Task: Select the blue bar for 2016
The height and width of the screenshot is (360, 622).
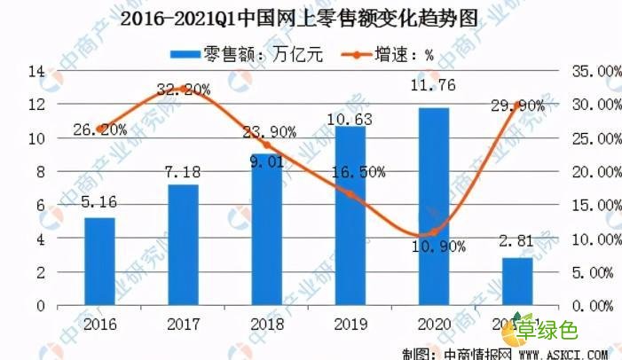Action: tap(100, 261)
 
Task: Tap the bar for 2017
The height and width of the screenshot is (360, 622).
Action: tap(184, 244)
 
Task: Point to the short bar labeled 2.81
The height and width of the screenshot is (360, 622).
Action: tap(517, 281)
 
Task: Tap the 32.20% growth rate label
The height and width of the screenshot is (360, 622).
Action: tap(185, 89)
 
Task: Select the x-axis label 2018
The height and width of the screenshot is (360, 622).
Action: tap(267, 324)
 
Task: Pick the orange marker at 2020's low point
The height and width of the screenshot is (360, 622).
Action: tap(434, 232)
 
